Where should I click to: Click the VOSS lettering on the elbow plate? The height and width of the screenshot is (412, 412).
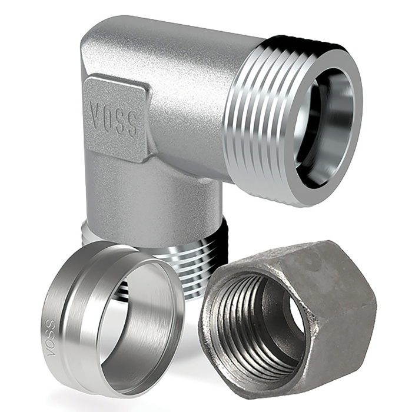coord(114,119)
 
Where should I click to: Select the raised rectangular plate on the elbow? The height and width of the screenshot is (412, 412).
coord(115,118)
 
